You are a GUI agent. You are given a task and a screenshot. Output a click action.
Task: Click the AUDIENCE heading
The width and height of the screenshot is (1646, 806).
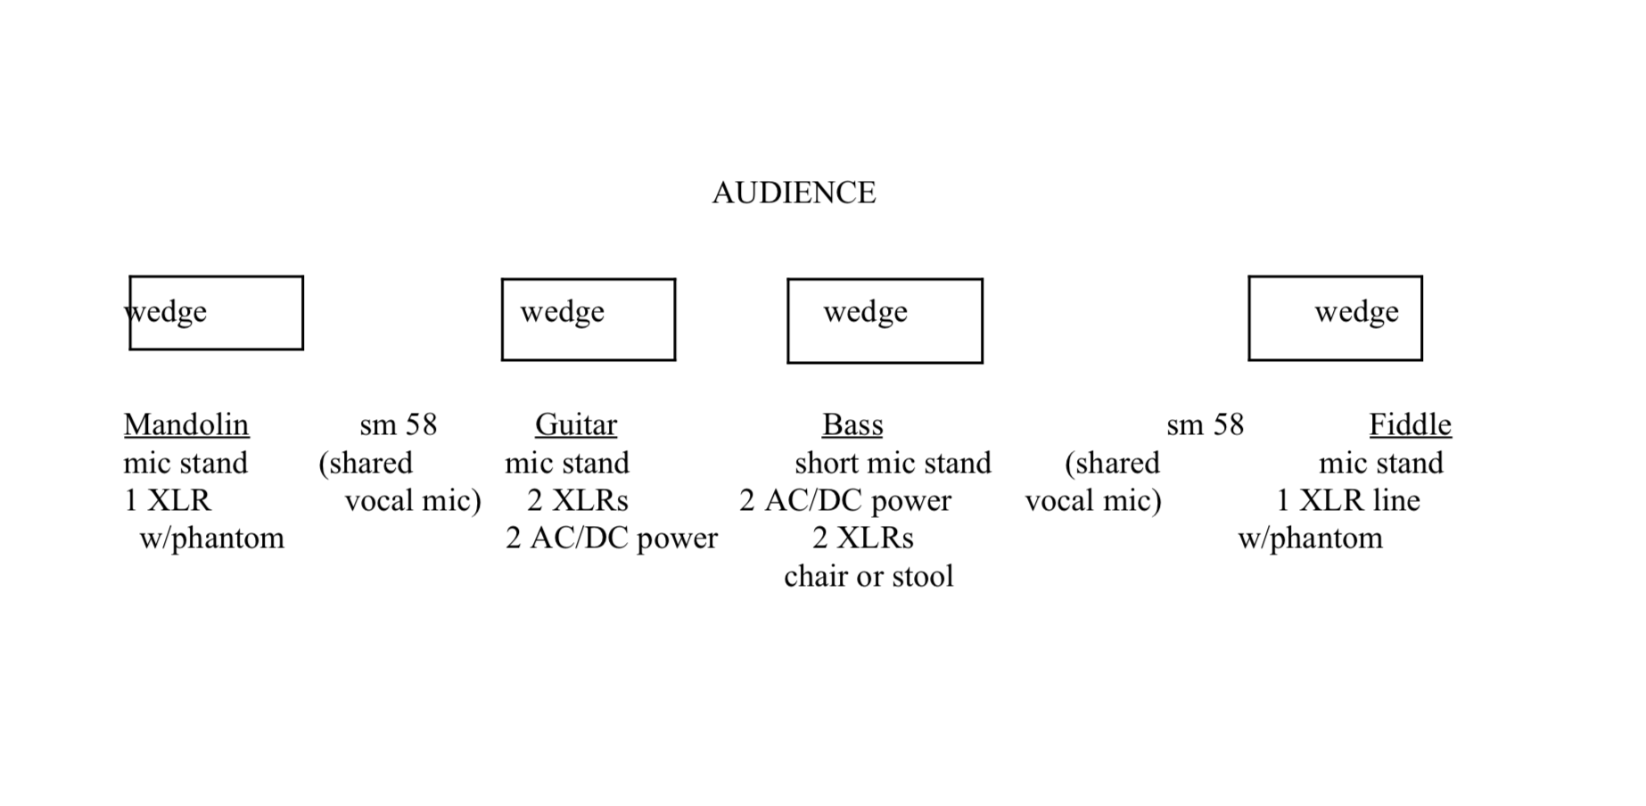pyautogui.click(x=794, y=193)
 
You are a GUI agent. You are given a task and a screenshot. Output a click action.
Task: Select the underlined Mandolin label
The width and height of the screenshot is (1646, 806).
pyautogui.click(x=186, y=424)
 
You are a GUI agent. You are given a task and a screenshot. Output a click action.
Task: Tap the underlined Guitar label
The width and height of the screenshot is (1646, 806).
pyautogui.click(x=576, y=424)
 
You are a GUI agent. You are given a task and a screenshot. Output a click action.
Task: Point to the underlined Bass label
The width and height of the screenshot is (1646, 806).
pyautogui.click(x=852, y=424)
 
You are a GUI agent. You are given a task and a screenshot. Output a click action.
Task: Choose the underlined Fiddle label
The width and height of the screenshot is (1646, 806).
pyautogui.click(x=1410, y=424)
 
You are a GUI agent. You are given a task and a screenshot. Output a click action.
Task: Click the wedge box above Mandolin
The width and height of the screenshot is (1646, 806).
pyautogui.click(x=217, y=313)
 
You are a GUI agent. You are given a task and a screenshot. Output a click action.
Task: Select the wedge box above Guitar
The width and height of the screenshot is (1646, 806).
pyautogui.click(x=588, y=319)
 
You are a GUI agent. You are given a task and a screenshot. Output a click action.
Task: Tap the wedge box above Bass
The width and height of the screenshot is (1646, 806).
pyautogui.click(x=885, y=321)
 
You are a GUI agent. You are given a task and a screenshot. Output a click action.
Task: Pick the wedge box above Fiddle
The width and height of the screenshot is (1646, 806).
pyautogui.click(x=1335, y=318)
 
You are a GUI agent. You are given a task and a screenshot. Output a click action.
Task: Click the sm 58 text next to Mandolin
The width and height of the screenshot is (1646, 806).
pyautogui.click(x=399, y=424)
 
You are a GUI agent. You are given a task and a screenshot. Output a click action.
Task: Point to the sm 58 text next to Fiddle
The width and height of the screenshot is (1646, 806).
pyautogui.click(x=1205, y=424)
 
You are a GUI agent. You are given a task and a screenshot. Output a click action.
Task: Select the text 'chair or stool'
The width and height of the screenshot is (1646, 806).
pyautogui.click(x=868, y=576)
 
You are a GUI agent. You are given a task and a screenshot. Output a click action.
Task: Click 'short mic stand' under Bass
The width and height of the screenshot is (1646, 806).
pyautogui.click(x=893, y=463)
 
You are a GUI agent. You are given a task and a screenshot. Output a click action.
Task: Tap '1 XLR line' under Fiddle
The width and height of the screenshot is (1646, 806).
pyautogui.click(x=1348, y=500)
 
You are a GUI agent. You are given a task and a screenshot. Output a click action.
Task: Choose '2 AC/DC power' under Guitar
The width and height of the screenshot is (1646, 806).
pyautogui.click(x=612, y=538)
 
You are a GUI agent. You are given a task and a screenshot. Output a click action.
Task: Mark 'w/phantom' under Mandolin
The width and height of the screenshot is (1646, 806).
pyautogui.click(x=212, y=538)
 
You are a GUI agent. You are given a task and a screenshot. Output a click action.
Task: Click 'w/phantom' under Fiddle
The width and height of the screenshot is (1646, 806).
pyautogui.click(x=1311, y=538)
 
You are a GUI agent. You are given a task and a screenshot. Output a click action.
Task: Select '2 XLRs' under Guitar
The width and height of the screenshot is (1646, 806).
pyautogui.click(x=578, y=500)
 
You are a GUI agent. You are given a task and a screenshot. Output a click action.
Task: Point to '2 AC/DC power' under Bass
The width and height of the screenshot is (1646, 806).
pyautogui.click(x=845, y=500)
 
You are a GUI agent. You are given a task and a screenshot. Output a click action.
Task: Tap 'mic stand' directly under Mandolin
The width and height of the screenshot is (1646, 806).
pyautogui.click(x=185, y=463)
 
